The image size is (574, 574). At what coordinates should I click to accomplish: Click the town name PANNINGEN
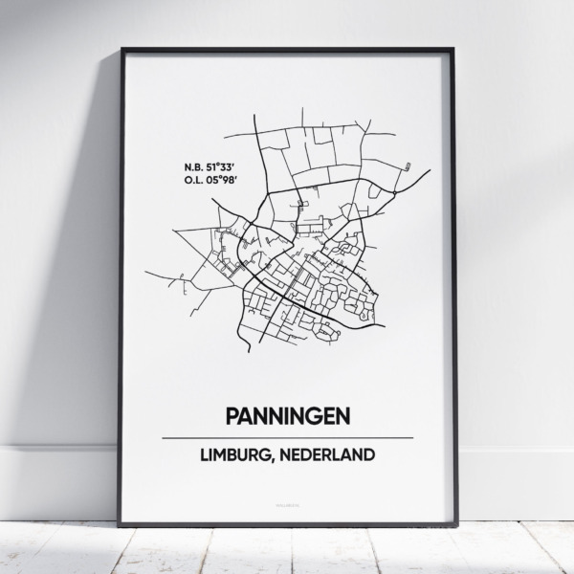tap(287, 416)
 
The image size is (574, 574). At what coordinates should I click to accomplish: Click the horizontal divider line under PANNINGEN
tap(287, 437)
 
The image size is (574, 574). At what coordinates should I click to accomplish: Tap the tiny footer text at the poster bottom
tap(287, 500)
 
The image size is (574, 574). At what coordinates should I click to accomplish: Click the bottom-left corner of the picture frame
tap(121, 524)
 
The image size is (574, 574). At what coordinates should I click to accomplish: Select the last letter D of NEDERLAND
tap(369, 454)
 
